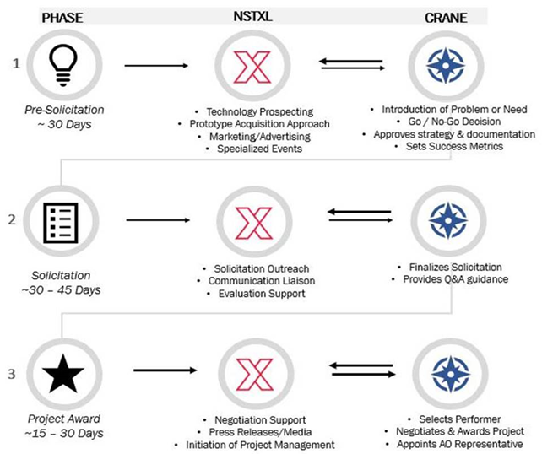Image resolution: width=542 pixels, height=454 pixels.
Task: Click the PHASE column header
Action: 62,18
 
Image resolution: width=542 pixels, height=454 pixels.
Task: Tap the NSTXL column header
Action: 252,16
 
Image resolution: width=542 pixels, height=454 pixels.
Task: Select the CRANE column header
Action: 446,18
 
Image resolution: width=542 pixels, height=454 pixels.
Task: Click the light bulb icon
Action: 63,66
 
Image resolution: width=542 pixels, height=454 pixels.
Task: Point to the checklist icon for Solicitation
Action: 61,223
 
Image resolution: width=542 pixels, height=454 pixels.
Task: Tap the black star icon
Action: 63,374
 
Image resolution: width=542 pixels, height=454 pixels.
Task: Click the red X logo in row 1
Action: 252,67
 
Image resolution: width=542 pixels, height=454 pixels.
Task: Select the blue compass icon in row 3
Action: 450,375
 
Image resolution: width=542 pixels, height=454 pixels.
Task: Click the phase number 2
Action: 12,219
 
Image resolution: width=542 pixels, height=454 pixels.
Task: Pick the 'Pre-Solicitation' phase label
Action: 64,110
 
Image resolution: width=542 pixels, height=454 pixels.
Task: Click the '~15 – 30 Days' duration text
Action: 64,433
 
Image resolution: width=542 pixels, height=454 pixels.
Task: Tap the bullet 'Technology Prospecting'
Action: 259,111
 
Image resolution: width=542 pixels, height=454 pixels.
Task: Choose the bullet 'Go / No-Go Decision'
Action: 454,122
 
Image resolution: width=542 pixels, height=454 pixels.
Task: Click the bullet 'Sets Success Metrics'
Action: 454,146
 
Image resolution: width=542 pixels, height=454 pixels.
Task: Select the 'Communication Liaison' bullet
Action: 262,281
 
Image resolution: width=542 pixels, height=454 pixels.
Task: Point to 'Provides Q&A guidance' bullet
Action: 456,279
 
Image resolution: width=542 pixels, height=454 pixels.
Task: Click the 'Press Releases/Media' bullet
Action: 260,432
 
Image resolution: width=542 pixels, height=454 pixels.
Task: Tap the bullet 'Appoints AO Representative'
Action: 460,444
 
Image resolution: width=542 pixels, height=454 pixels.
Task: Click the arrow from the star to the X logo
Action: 165,370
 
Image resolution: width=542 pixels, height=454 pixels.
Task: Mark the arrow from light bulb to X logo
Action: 156,66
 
